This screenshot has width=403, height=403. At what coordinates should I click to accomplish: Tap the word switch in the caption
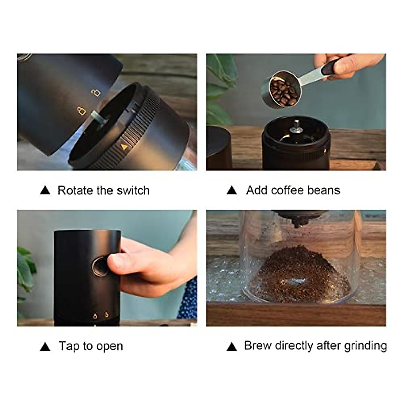pos(133,191)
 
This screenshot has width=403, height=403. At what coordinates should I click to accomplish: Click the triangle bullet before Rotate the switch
pos(45,191)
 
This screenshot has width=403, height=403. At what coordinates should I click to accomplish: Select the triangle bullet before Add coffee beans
pos(232,191)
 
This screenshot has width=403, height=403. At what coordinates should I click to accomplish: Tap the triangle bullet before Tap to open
pos(45,347)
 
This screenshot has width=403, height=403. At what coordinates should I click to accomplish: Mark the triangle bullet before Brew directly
pos(232,347)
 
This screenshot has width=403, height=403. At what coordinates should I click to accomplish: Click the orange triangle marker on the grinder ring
pos(124,147)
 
